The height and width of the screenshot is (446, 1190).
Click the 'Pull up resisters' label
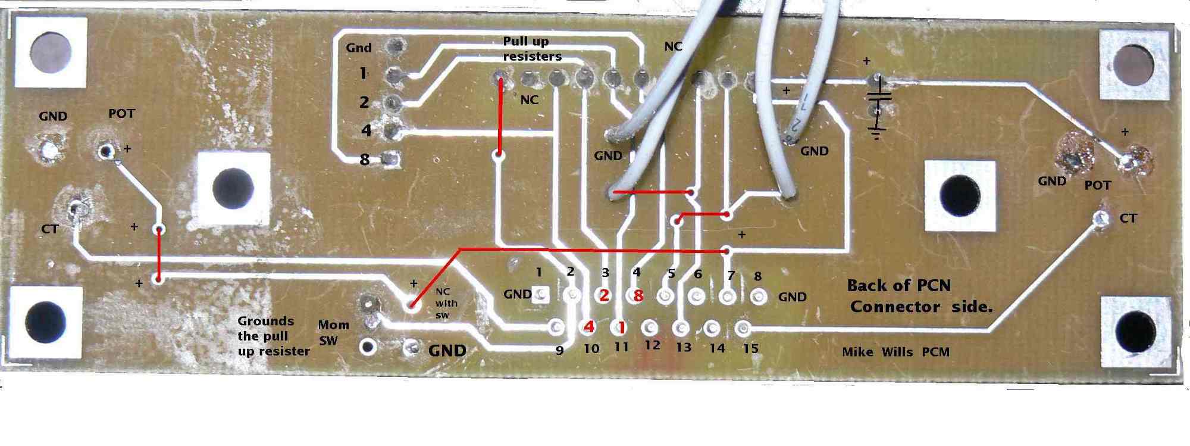[532, 49]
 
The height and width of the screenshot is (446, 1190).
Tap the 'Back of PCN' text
[898, 286]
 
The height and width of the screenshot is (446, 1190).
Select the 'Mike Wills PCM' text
[895, 352]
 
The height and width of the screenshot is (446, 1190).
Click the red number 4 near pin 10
[589, 326]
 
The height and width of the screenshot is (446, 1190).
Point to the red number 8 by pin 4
[638, 295]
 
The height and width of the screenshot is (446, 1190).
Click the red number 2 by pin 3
[604, 295]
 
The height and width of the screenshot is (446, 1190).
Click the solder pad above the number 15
[743, 328]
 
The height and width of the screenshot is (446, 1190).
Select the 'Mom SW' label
[333, 333]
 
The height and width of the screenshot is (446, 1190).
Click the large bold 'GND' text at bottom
[447, 350]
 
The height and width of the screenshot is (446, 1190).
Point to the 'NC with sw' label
[446, 303]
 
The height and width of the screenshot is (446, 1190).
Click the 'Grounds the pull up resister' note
[274, 336]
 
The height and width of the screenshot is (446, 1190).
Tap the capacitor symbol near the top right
[878, 96]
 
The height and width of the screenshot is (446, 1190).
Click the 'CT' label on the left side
[50, 229]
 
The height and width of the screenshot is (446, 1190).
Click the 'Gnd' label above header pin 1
[359, 48]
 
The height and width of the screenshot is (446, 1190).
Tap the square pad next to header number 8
[390, 159]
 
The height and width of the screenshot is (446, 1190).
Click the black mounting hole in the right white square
[959, 195]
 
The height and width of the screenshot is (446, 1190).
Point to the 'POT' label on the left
[122, 113]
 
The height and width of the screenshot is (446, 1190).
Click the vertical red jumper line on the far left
[159, 254]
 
